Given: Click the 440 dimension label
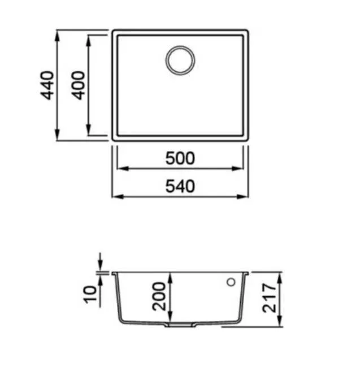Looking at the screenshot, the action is [47, 85].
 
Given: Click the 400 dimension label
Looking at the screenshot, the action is [78, 85].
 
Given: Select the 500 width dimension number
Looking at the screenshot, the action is [180, 158].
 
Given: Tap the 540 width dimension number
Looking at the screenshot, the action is [180, 187].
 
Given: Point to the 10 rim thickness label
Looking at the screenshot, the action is [90, 295].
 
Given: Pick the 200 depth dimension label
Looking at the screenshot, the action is [159, 296].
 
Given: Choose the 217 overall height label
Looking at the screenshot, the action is [269, 298].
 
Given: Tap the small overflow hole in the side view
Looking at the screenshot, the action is [231, 282].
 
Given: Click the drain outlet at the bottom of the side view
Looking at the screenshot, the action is [180, 325].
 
